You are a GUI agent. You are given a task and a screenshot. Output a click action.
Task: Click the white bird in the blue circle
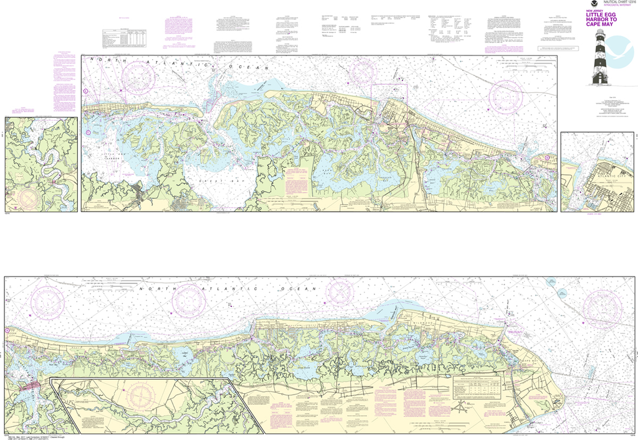point(620,52)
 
